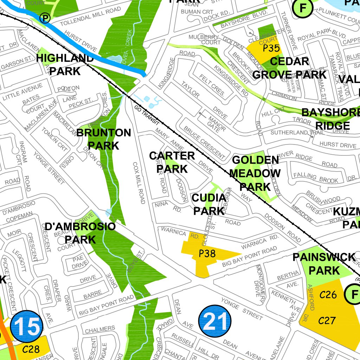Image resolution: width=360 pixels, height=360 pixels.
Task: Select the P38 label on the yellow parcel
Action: click(207, 253)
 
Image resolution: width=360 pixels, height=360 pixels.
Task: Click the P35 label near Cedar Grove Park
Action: click(271, 48)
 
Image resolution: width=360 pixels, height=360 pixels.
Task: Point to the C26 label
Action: click(328, 295)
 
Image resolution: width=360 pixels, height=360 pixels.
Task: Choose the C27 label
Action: click(327, 320)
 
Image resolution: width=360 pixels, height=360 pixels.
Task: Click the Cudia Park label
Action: click(209, 204)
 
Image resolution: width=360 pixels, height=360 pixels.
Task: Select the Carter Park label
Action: click(172, 162)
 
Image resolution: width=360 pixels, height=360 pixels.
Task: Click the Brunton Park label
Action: click(103, 139)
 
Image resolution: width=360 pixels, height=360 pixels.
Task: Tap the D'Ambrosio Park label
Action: click(80, 233)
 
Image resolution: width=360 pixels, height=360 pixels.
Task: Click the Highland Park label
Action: click(65, 64)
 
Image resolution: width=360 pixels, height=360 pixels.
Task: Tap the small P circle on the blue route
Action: click(45, 18)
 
